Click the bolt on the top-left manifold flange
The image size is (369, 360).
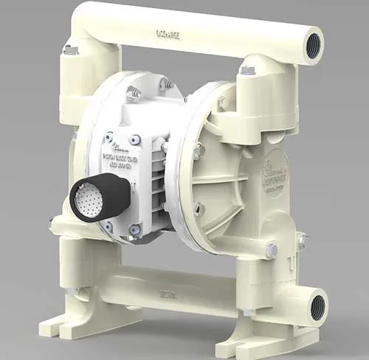pyautogui.click(x=70, y=49)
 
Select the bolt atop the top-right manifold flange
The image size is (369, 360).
pyautogui.click(x=247, y=70)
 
